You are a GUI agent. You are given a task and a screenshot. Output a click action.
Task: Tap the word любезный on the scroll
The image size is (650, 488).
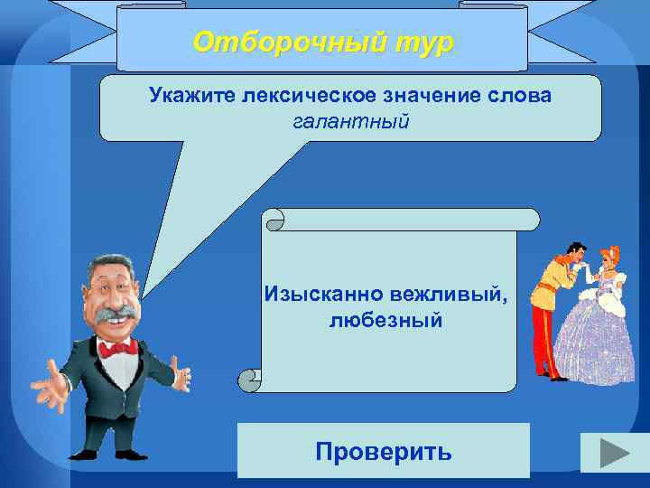[x=385, y=320]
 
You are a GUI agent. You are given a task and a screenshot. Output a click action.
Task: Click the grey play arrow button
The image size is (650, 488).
[x=614, y=452]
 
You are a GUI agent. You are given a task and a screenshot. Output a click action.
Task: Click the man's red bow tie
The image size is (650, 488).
[x=118, y=347]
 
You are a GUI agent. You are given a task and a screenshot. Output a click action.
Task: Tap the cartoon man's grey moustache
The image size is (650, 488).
[x=117, y=315]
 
